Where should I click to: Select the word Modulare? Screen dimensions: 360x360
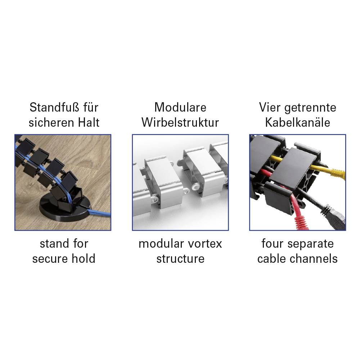pyautogui.click(x=180, y=107)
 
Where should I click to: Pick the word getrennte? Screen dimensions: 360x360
pyautogui.click(x=310, y=108)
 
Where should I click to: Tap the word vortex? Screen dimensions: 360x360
pyautogui.click(x=205, y=244)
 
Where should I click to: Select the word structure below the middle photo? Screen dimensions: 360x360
pyautogui.click(x=180, y=259)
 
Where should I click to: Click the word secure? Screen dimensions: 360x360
pyautogui.click(x=50, y=259)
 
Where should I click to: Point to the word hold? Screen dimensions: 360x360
pyautogui.click(x=84, y=258)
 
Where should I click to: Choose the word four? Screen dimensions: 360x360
pyautogui.click(x=272, y=243)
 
